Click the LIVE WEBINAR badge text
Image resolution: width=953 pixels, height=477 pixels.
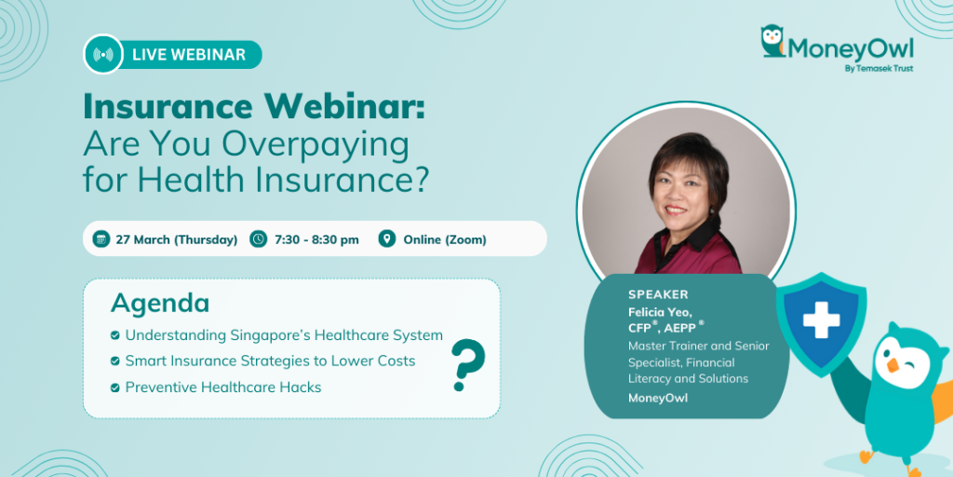coord(189,55)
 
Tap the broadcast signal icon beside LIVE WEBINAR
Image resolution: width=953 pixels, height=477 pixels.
coord(103,55)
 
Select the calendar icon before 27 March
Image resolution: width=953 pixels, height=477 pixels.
coord(101,239)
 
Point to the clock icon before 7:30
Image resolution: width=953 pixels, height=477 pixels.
coord(259,239)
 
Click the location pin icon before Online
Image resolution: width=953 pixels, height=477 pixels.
coord(387,239)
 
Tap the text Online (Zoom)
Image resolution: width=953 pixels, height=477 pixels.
coord(445,239)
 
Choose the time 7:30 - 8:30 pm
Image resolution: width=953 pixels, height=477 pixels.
coord(316,239)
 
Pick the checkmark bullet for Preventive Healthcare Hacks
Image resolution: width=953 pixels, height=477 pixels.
coord(114,388)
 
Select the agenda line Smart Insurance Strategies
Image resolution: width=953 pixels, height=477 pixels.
coord(271,361)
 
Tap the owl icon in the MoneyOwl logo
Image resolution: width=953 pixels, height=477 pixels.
coord(772,41)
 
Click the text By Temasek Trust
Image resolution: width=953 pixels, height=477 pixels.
coord(879,68)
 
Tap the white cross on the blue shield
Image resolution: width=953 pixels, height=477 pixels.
coord(821,320)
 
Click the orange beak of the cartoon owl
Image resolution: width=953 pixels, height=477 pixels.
coord(893,364)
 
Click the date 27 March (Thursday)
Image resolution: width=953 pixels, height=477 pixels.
coord(177,239)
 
